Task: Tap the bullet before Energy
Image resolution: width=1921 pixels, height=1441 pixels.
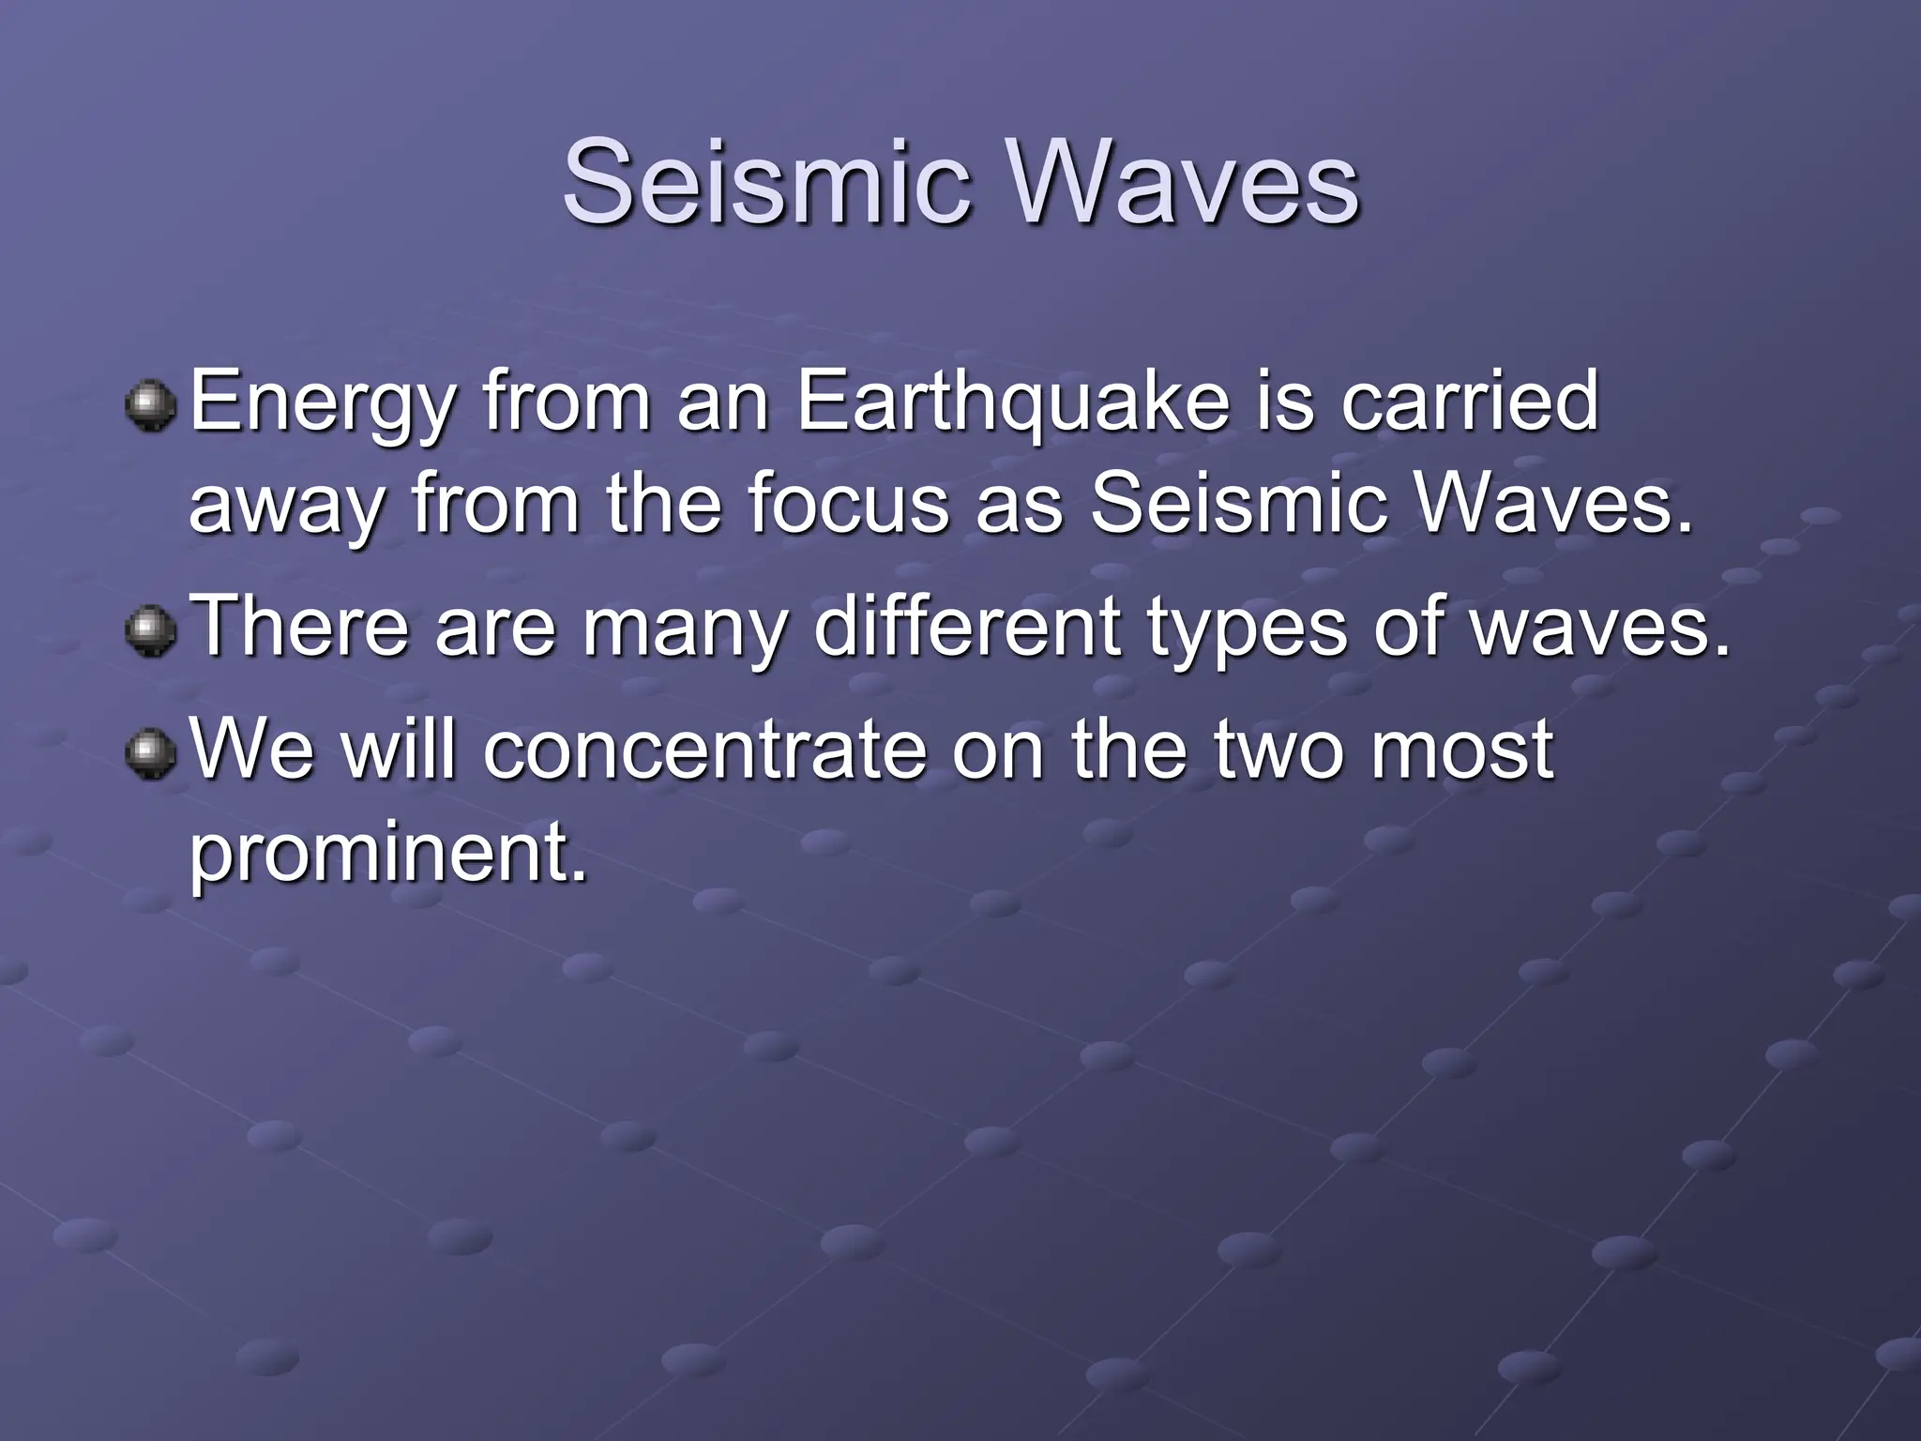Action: click(150, 405)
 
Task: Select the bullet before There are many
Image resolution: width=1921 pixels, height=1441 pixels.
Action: click(150, 630)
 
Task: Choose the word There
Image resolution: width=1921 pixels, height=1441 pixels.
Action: click(300, 626)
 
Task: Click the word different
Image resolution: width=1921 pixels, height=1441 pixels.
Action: click(967, 626)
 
